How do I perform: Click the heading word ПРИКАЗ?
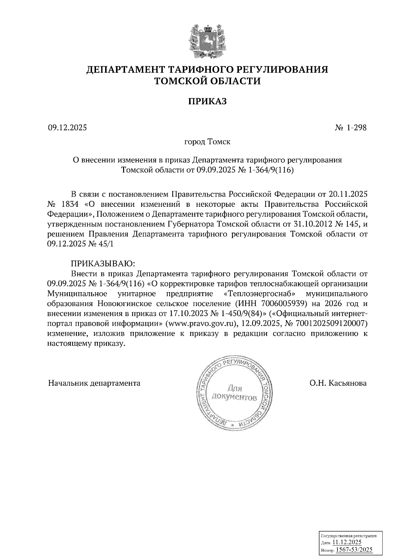(207, 101)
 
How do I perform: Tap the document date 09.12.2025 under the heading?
(67, 127)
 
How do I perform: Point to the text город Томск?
(207, 142)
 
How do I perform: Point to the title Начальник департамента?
(94, 383)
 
